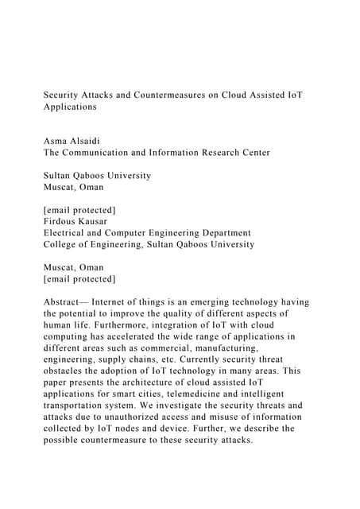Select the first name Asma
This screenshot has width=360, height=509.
[x=56, y=140]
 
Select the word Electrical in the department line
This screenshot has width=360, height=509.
[x=68, y=233]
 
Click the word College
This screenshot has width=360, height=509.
[x=63, y=244]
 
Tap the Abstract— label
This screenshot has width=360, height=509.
[x=65, y=302]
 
